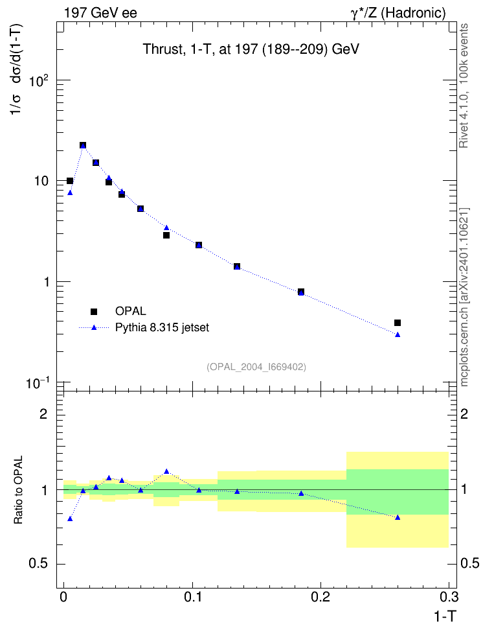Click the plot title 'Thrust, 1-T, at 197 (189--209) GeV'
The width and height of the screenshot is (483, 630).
pyautogui.click(x=251, y=49)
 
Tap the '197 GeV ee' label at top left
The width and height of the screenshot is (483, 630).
pyautogui.click(x=100, y=13)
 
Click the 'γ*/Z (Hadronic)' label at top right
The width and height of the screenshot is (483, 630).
pyautogui.click(x=398, y=13)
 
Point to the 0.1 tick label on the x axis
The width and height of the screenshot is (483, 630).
pyautogui.click(x=192, y=597)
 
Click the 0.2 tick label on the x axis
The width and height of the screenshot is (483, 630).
pyautogui.click(x=320, y=597)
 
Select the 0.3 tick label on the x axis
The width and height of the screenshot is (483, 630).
pyautogui.click(x=449, y=597)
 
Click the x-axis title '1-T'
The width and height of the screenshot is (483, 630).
pyautogui.click(x=445, y=616)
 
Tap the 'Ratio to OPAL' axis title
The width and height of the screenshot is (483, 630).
pyautogui.click(x=18, y=490)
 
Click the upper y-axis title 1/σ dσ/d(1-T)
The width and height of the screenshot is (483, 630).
pyautogui.click(x=17, y=69)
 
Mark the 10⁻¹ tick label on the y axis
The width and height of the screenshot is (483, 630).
pyautogui.click(x=38, y=383)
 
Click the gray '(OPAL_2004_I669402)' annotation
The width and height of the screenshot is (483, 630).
pyautogui.click(x=256, y=367)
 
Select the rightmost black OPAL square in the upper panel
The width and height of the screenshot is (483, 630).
pyautogui.click(x=398, y=323)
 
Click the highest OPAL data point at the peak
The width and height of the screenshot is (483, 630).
pyautogui.click(x=83, y=145)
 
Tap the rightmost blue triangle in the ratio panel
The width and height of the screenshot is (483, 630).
pyautogui.click(x=398, y=517)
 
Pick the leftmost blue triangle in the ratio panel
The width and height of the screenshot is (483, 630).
pyautogui.click(x=70, y=519)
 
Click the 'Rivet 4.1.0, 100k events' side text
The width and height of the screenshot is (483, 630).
pyautogui.click(x=464, y=86)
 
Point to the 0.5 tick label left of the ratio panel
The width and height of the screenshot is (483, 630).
pyautogui.click(x=39, y=564)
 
